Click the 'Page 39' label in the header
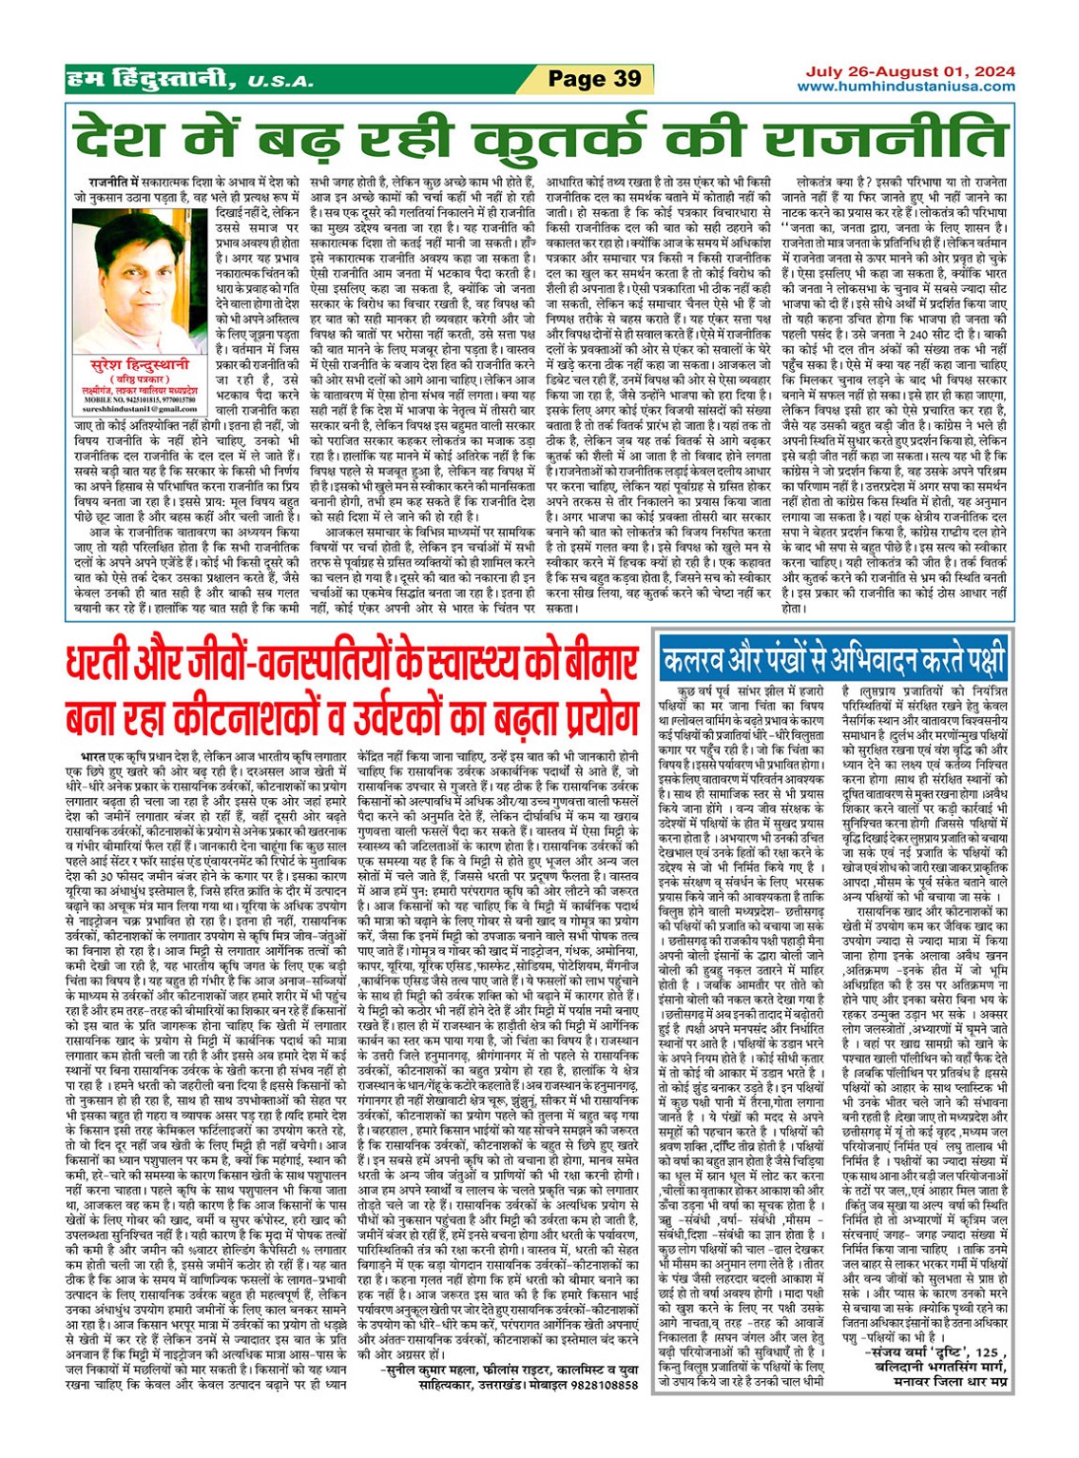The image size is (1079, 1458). point(594,79)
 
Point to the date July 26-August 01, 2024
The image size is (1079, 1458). point(910,71)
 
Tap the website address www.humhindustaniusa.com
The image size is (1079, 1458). point(906,87)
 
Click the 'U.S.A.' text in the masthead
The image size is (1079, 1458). point(280,82)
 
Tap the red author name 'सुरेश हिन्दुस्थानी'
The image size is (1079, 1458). point(130,364)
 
